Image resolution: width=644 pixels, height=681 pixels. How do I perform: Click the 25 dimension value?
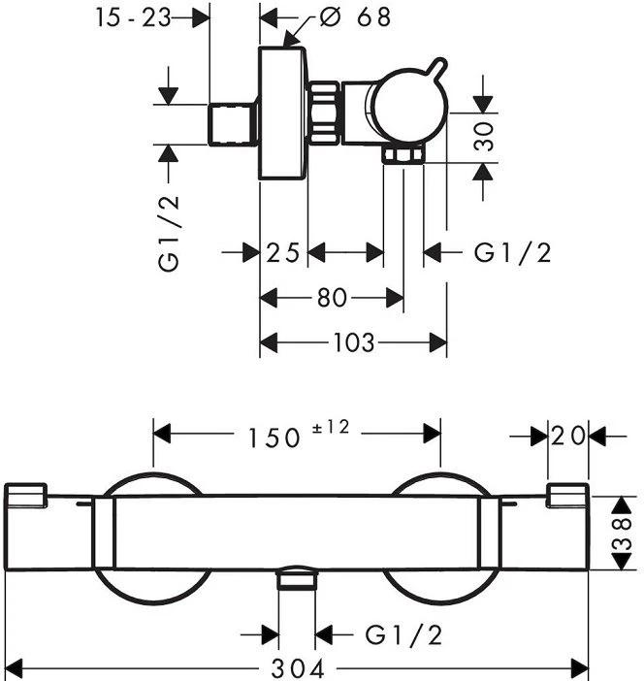click(x=282, y=253)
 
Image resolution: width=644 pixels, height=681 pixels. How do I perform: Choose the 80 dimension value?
click(x=332, y=298)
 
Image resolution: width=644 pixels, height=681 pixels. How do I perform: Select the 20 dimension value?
click(x=568, y=437)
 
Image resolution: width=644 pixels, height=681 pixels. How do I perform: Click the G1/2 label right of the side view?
click(x=512, y=253)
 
